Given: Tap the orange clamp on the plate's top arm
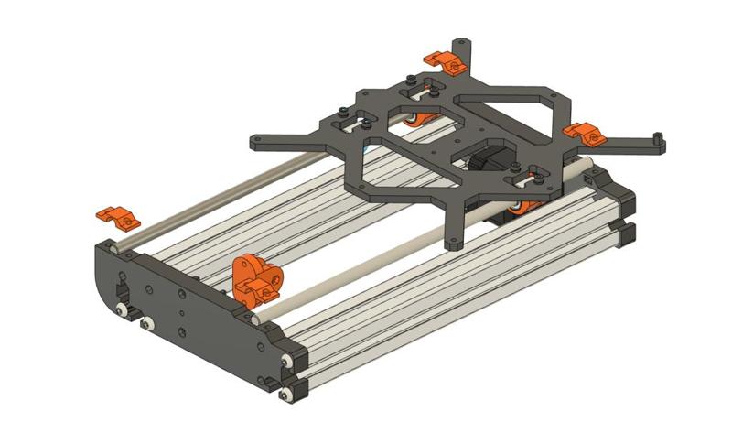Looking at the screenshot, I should pyautogui.click(x=445, y=60).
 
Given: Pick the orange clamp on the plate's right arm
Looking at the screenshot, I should pyautogui.click(x=584, y=134).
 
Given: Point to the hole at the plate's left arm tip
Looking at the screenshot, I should pyautogui.click(x=257, y=140).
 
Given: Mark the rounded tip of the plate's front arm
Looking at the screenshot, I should pyautogui.click(x=455, y=244).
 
